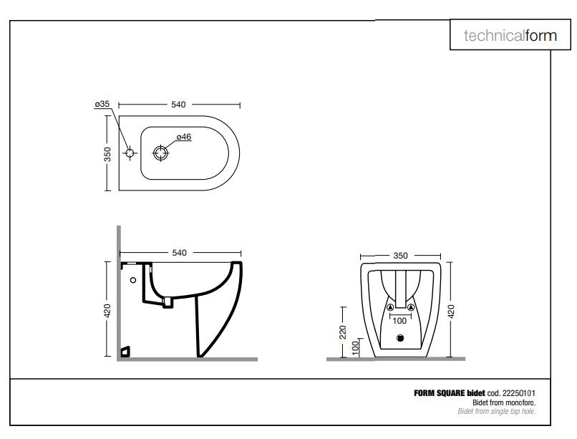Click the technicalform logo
click(510, 35)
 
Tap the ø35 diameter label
click(102, 104)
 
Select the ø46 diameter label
click(184, 137)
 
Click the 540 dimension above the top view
click(178, 105)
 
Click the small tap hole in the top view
click(130, 153)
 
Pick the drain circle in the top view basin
click(161, 153)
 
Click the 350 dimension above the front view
click(401, 255)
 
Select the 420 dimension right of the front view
click(451, 309)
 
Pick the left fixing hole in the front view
click(390, 308)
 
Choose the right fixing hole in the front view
click(412, 308)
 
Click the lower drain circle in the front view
click(401, 339)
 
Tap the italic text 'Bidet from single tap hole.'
click(497, 412)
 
